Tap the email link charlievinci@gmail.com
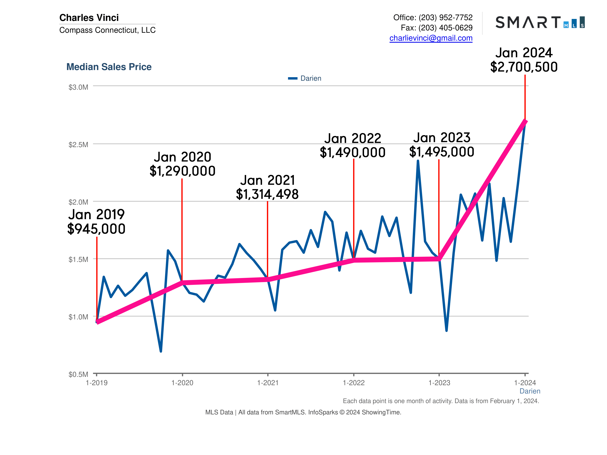431,38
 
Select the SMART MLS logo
540,22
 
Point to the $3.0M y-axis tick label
78,87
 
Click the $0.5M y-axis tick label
78,374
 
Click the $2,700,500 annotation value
524,67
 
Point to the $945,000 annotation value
96,229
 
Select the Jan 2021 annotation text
268,180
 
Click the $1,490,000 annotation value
353,152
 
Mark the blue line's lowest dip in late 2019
161,351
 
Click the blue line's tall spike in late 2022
418,161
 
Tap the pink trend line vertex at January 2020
182,283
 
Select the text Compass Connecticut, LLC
107,30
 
